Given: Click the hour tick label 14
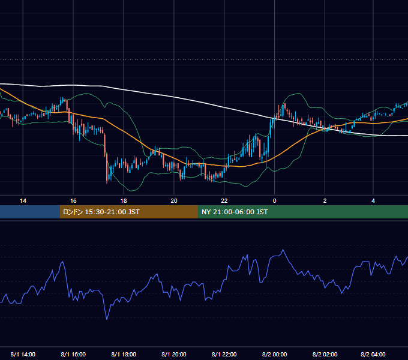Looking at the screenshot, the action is pyautogui.click(x=23, y=201).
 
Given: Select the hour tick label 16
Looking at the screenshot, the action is pyautogui.click(x=73, y=201).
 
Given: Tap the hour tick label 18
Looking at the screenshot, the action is pyautogui.click(x=124, y=201).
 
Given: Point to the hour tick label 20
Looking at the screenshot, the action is pyautogui.click(x=174, y=201).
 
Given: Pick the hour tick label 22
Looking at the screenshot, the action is pyautogui.click(x=224, y=201).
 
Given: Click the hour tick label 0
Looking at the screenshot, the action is pyautogui.click(x=274, y=201).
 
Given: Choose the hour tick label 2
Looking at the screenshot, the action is pyautogui.click(x=325, y=201).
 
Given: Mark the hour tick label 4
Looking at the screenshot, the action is pyautogui.click(x=373, y=201).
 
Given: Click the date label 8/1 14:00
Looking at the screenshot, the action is pyautogui.click(x=23, y=354).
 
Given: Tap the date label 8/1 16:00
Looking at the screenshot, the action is pyautogui.click(x=73, y=354).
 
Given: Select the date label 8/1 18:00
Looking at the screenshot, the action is pyautogui.click(x=124, y=354).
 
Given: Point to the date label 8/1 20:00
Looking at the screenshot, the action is pyautogui.click(x=174, y=354).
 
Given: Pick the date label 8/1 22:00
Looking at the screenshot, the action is pyautogui.click(x=224, y=354).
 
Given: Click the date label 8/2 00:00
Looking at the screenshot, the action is pyautogui.click(x=274, y=354).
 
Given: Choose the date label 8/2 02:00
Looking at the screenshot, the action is pyautogui.click(x=325, y=354).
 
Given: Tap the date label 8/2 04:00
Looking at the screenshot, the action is pyautogui.click(x=373, y=354).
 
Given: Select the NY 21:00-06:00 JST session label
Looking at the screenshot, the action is pyautogui.click(x=235, y=212).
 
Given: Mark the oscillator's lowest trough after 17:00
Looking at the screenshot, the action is pyautogui.click(x=107, y=319).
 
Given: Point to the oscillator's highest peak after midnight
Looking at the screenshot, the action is pyautogui.click(x=283, y=250).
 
